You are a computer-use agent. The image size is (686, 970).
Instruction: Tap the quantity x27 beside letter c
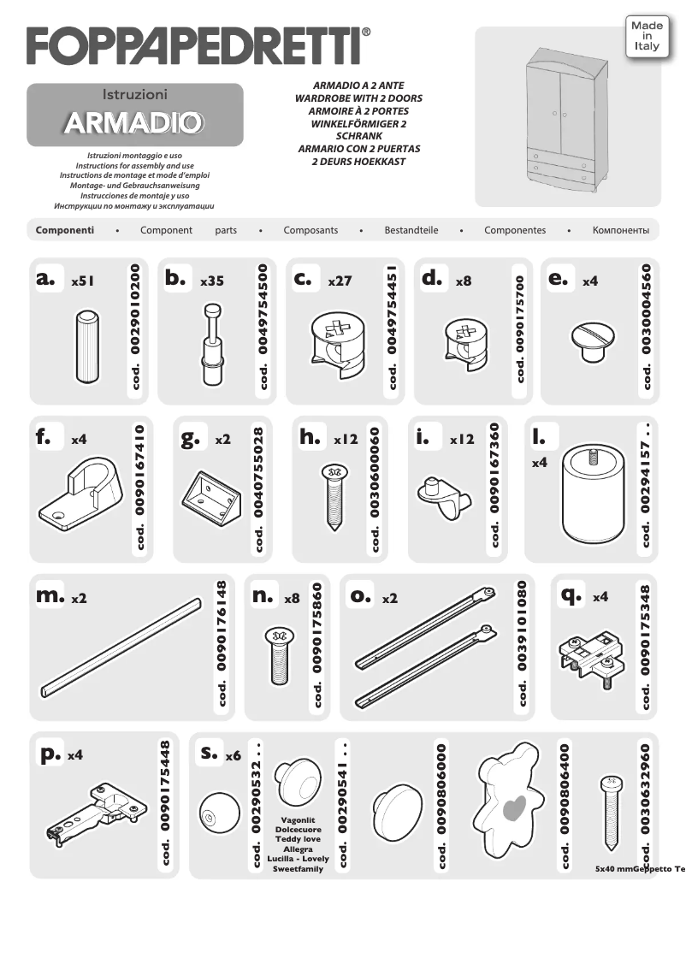(x=340, y=280)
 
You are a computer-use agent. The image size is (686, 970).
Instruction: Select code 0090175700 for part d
(x=519, y=328)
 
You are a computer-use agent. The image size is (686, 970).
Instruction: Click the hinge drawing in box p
(x=93, y=813)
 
